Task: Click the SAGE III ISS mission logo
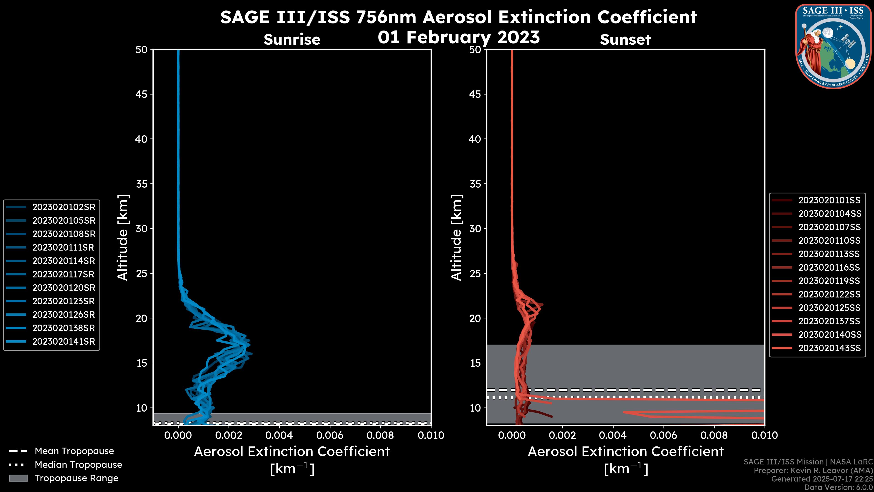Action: [x=834, y=46]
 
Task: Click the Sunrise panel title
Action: [x=292, y=40]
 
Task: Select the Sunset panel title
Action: [x=625, y=40]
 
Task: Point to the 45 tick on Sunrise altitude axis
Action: [x=142, y=94]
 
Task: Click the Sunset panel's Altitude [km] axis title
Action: [x=456, y=238]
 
